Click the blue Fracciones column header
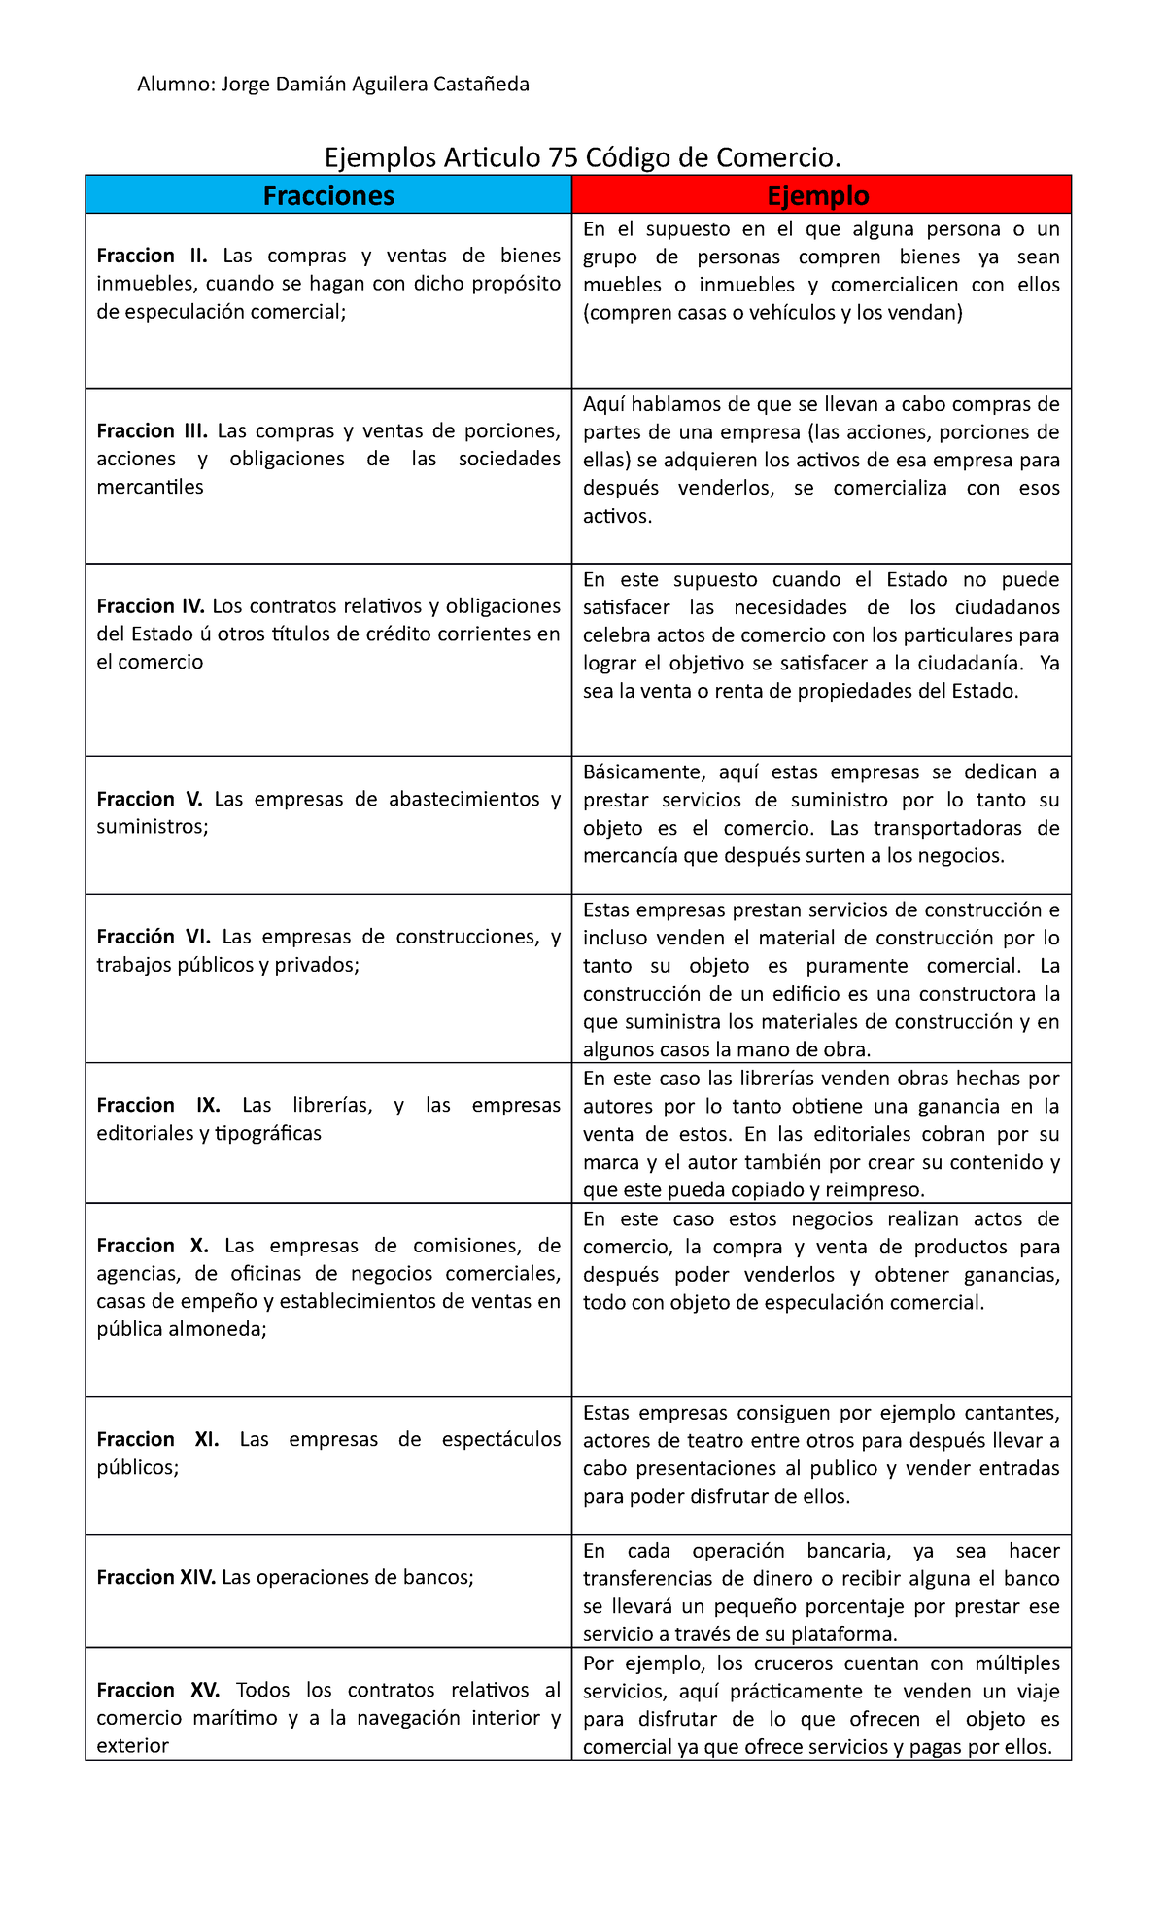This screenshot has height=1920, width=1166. pyautogui.click(x=328, y=195)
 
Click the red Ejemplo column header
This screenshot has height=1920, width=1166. pyautogui.click(x=819, y=195)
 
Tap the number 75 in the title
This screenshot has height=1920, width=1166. pyautogui.click(x=563, y=157)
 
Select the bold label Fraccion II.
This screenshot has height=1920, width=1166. pyautogui.click(x=153, y=256)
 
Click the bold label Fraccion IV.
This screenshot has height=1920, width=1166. pyautogui.click(x=151, y=606)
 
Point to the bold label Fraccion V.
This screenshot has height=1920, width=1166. pyautogui.click(x=150, y=799)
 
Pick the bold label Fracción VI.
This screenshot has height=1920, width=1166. pyautogui.click(x=154, y=937)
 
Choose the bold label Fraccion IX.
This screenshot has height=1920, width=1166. pyautogui.click(x=158, y=1105)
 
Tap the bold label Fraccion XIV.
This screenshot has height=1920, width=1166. pyautogui.click(x=156, y=1577)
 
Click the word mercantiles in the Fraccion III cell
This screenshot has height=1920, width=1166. pyautogui.click(x=150, y=487)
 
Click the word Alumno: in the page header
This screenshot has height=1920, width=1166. pyautogui.click(x=176, y=85)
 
